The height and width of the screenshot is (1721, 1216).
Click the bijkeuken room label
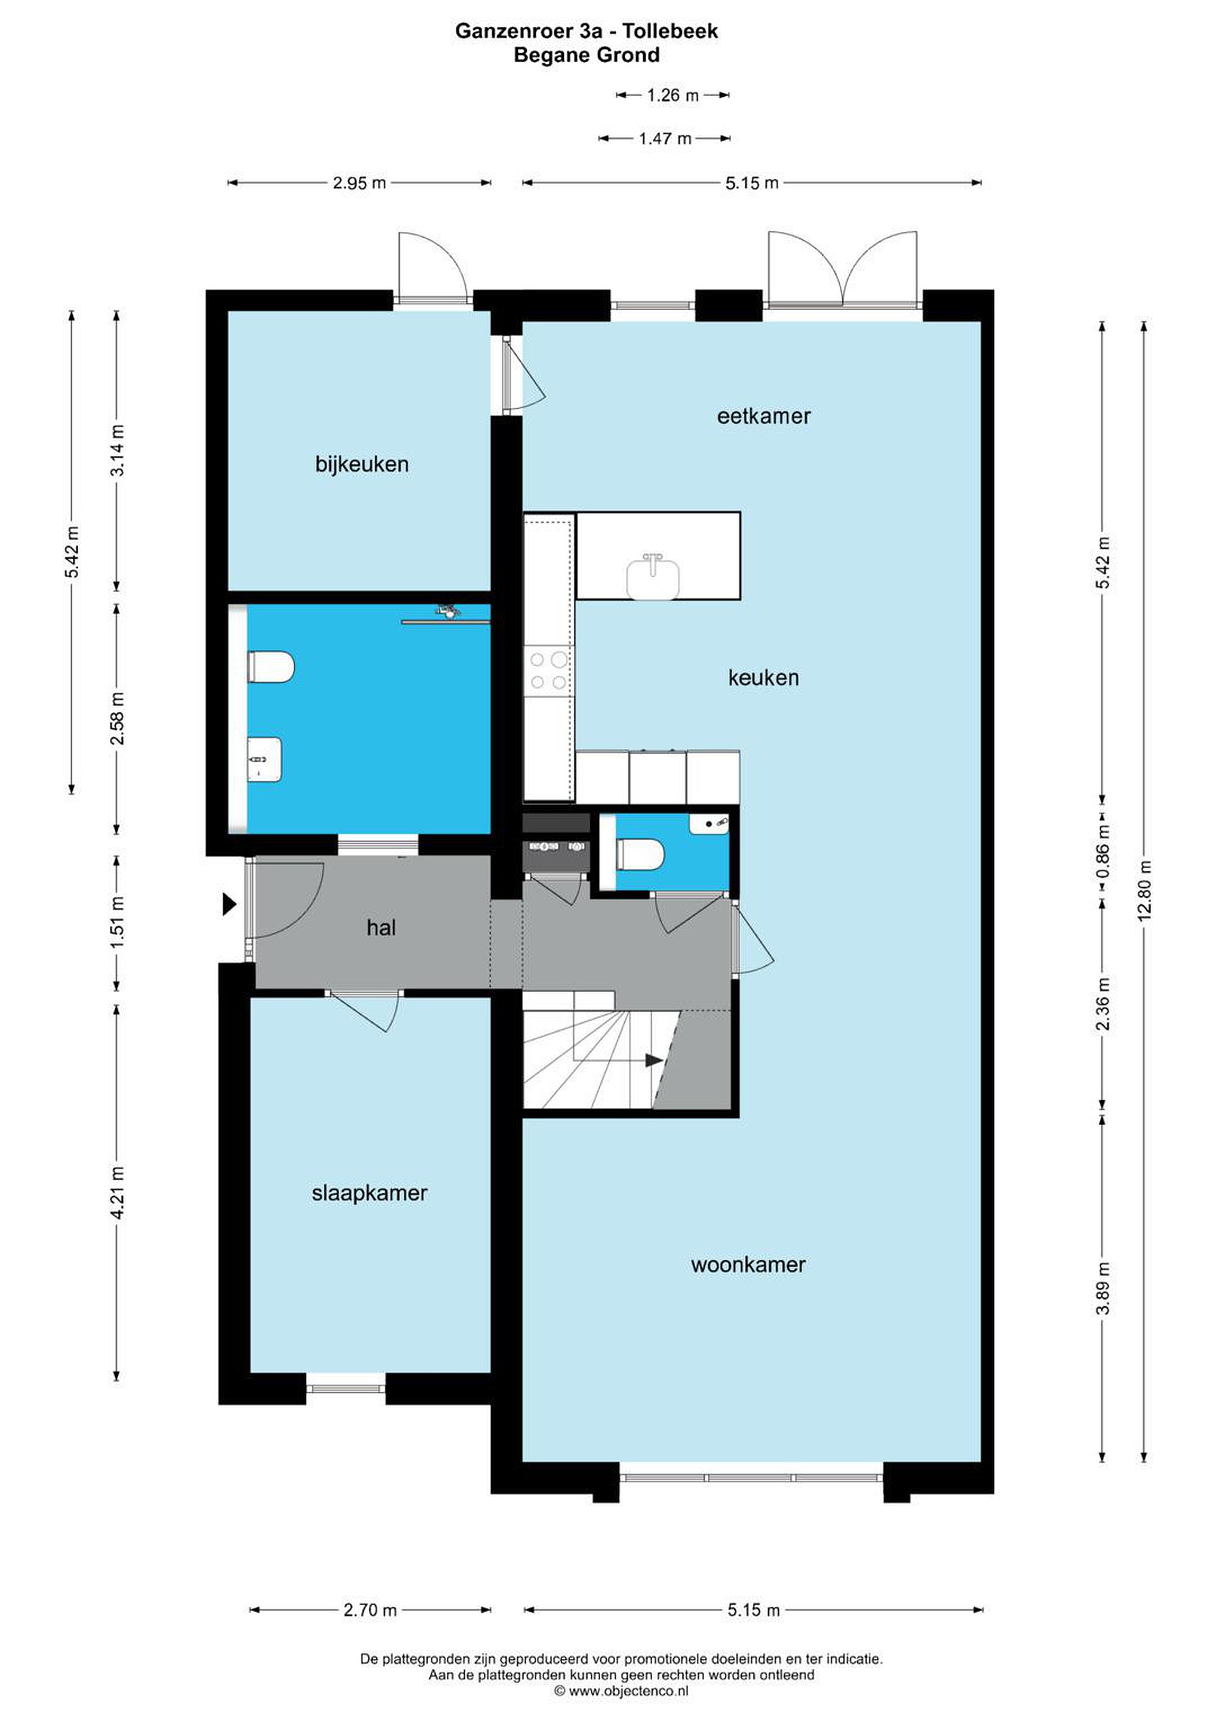point(362,465)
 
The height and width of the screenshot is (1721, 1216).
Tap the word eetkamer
point(763,416)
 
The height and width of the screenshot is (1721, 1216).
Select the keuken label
point(763,678)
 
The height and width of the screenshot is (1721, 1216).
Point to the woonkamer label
point(748,1264)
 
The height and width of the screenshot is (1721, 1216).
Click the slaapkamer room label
point(369,1193)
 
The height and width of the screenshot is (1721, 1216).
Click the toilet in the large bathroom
point(271,666)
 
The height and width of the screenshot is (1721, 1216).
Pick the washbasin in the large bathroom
point(265,760)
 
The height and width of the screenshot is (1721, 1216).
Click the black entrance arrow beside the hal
point(229,905)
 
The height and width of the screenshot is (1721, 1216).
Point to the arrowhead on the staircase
point(654,1061)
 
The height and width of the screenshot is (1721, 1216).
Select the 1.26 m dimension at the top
point(673,95)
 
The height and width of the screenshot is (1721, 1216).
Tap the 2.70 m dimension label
point(370,1609)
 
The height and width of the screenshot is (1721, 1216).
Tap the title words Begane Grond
point(586,55)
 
